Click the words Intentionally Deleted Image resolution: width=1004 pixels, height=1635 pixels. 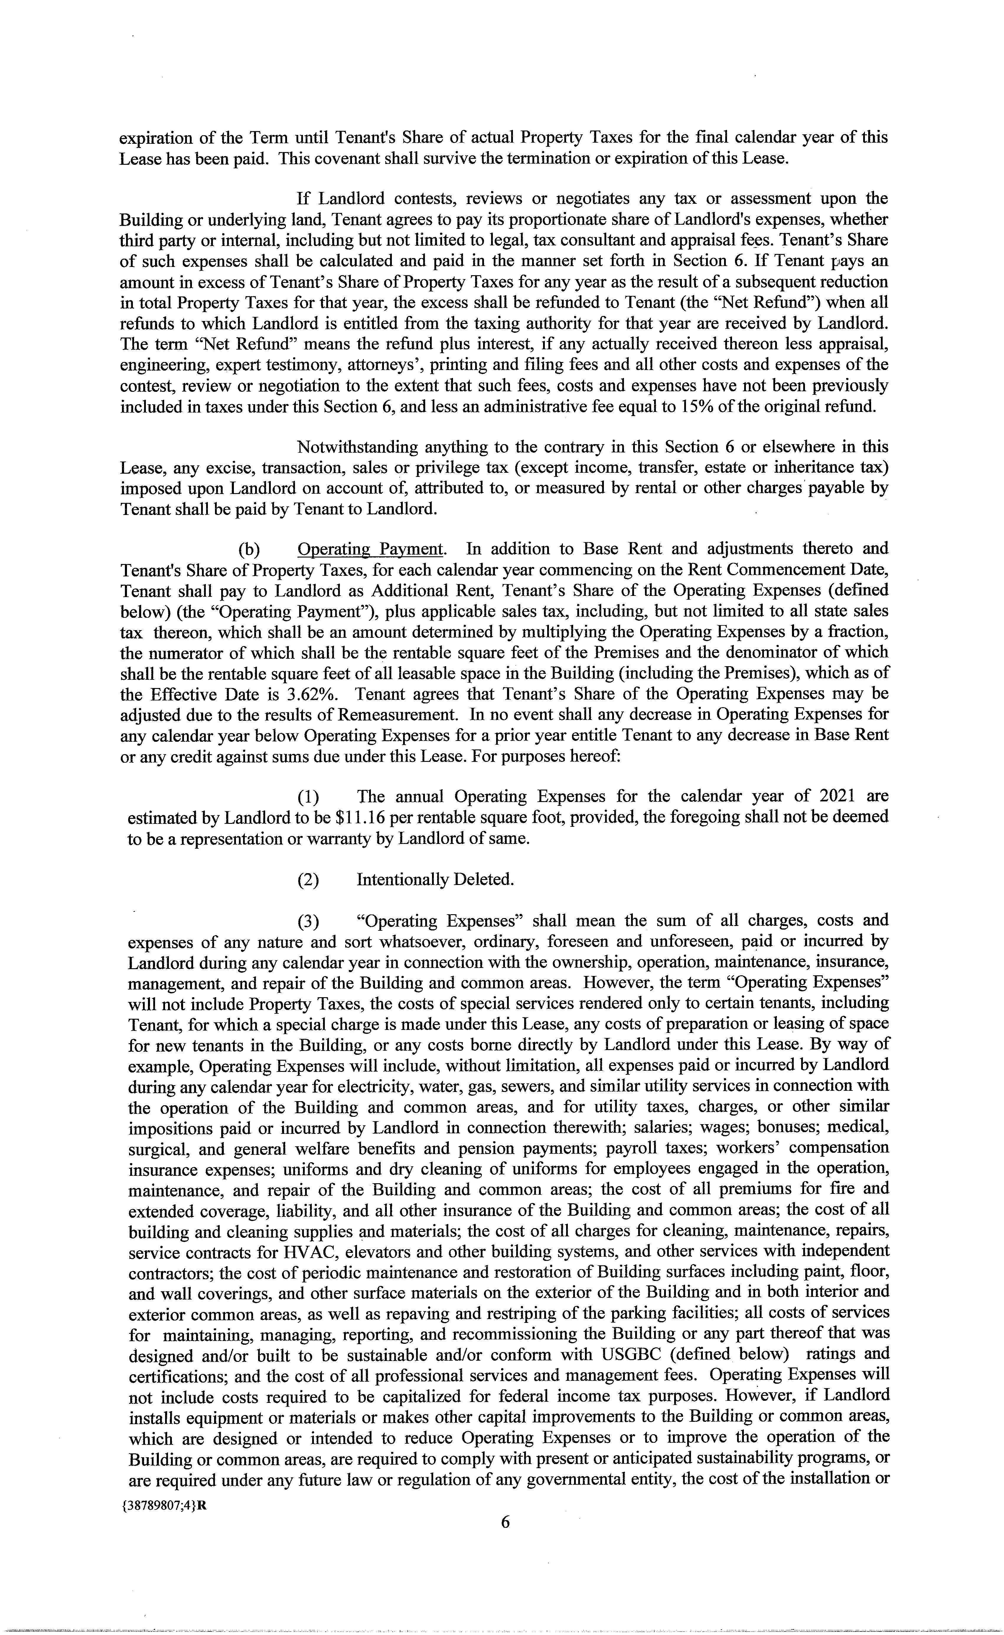click(x=435, y=880)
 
